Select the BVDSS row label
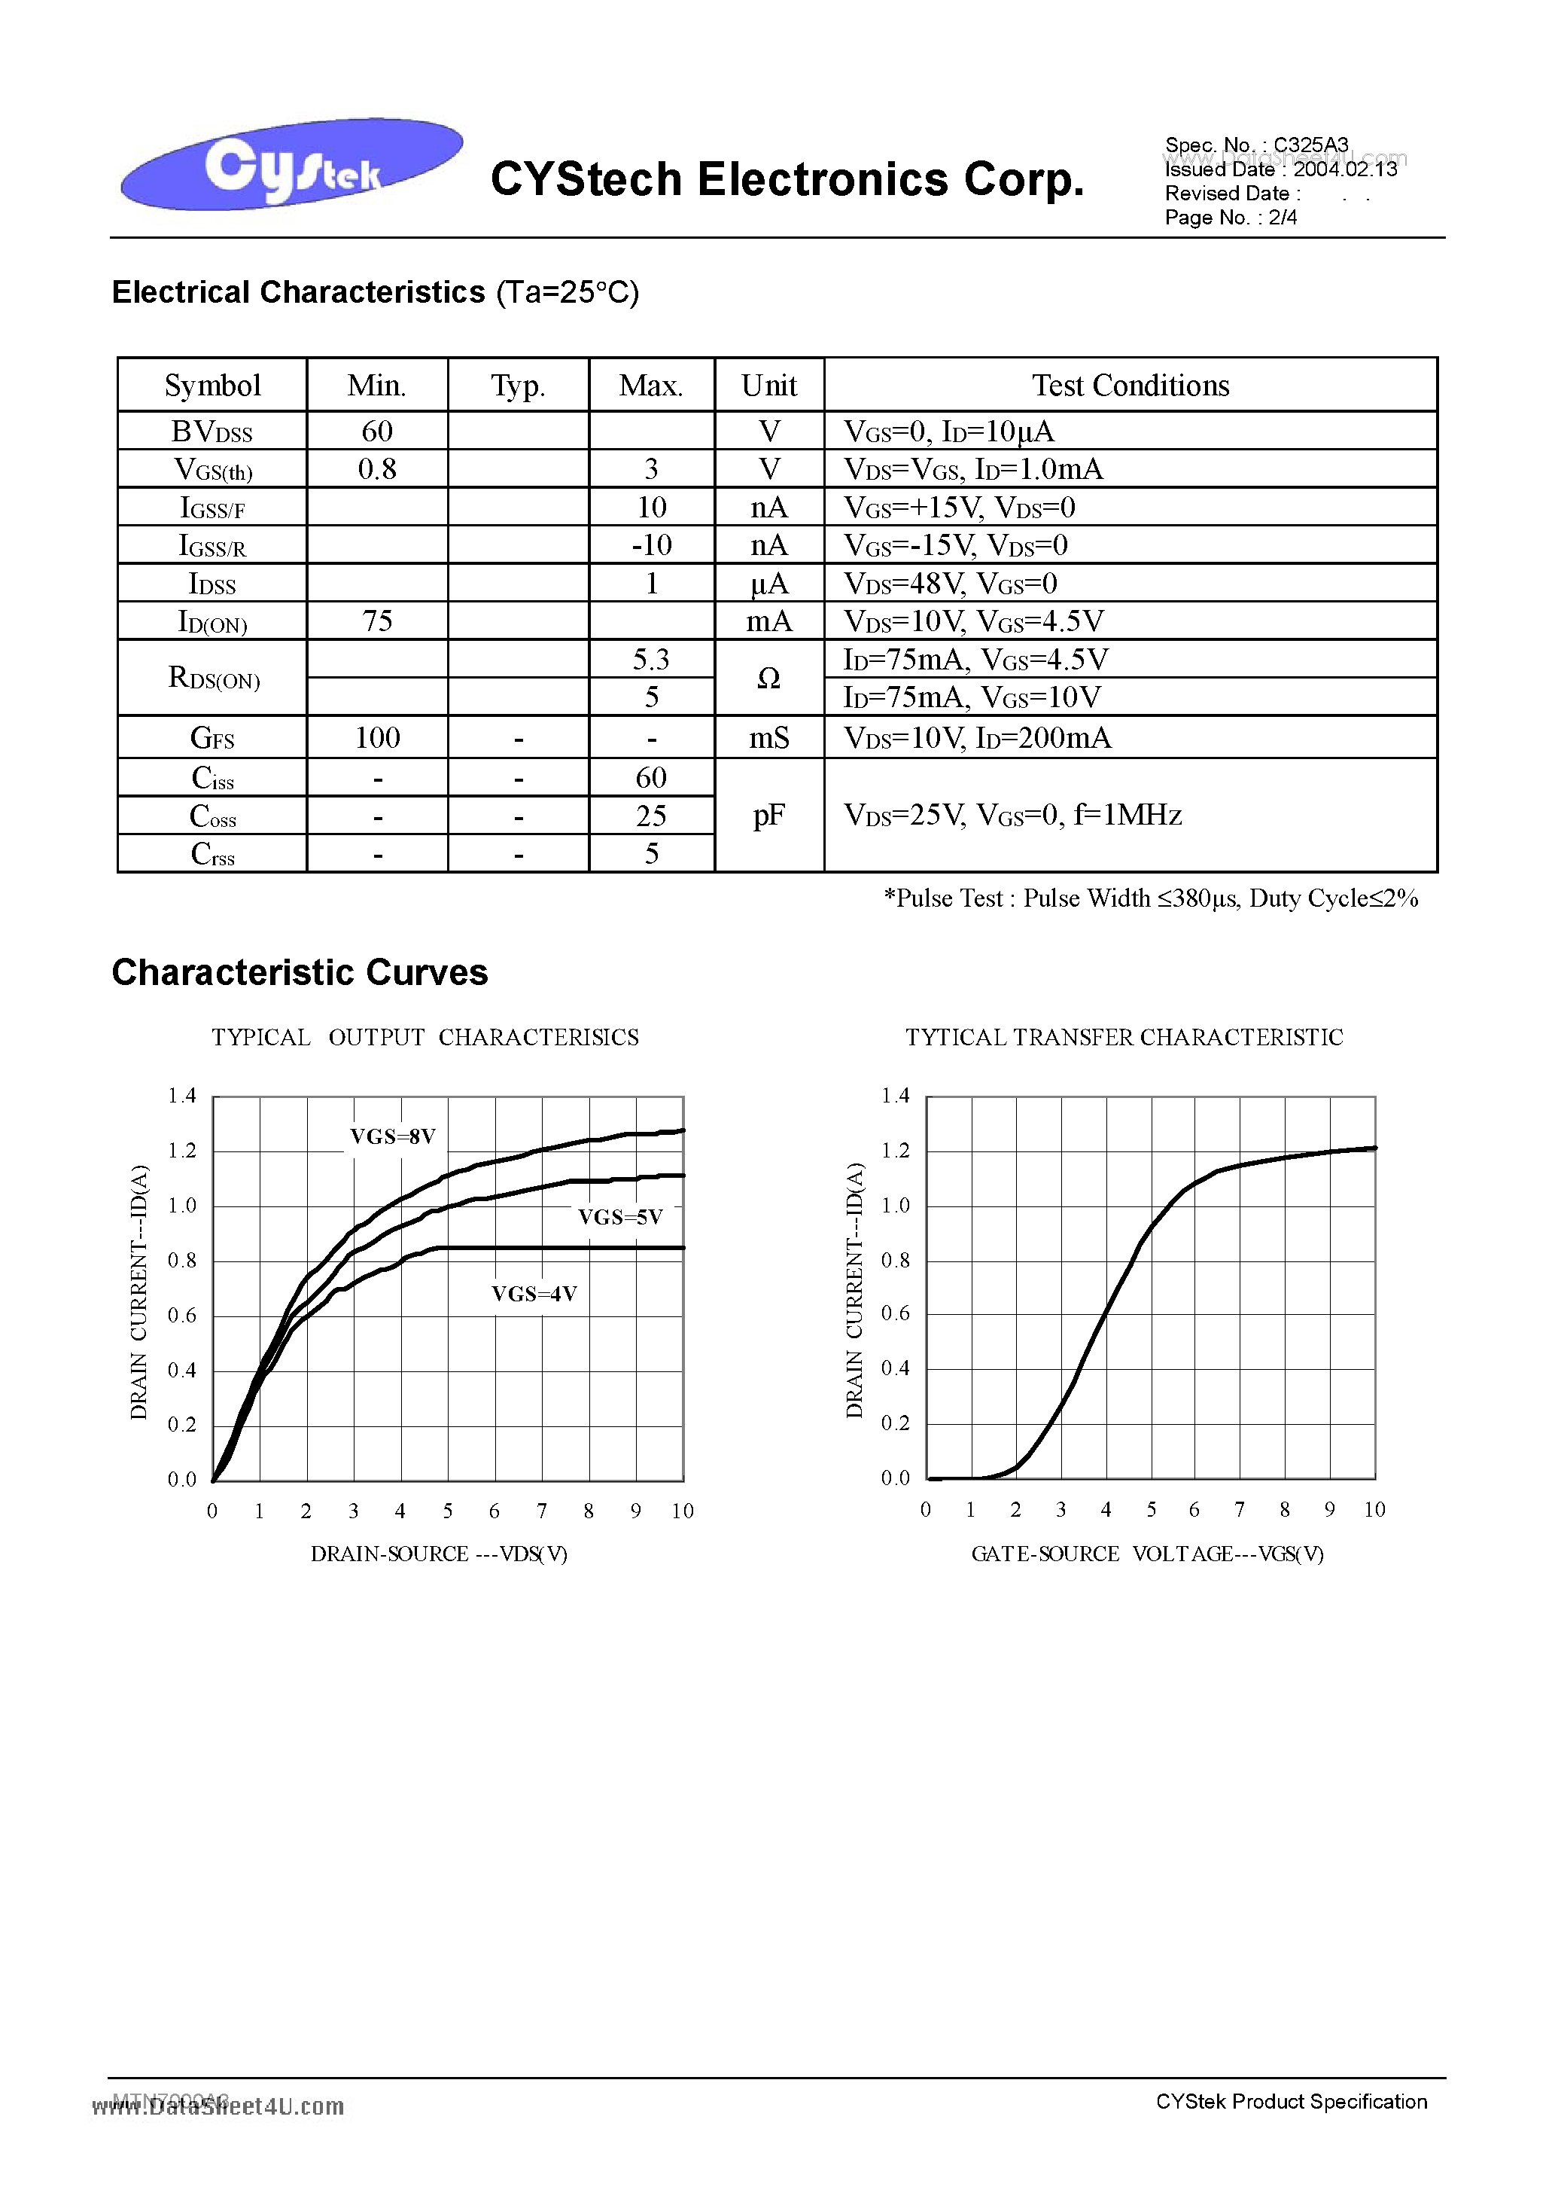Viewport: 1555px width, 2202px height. point(211,432)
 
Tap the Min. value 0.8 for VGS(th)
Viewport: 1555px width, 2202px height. point(377,469)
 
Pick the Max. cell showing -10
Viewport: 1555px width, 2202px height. point(651,544)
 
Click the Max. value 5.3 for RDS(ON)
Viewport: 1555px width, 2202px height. point(651,659)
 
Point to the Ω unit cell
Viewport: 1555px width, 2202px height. point(769,678)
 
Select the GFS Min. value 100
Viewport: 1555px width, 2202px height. point(377,737)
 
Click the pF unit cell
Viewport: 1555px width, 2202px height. point(769,815)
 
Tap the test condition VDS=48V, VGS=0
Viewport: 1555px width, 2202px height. point(950,583)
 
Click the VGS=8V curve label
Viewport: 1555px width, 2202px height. point(392,1136)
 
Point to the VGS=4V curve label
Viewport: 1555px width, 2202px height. point(534,1294)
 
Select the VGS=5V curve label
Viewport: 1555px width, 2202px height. point(620,1217)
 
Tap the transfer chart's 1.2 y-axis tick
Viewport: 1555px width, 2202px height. point(896,1150)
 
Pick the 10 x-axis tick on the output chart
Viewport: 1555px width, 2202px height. point(682,1511)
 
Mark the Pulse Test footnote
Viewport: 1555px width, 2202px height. point(1149,898)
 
